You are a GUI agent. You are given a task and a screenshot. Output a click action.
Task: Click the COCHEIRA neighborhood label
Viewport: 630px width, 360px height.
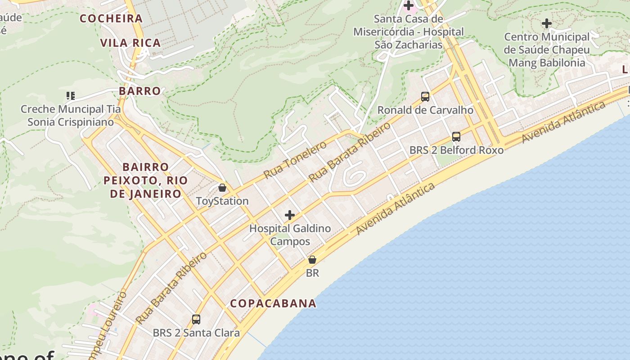tap(111, 18)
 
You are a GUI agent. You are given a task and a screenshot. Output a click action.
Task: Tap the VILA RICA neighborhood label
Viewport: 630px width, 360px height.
tap(130, 43)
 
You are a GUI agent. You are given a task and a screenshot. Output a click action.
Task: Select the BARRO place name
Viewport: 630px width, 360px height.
tap(140, 91)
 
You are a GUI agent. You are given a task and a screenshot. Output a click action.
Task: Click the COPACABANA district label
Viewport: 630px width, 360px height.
tap(273, 303)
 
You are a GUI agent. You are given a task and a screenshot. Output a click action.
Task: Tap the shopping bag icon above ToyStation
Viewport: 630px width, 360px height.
tap(222, 188)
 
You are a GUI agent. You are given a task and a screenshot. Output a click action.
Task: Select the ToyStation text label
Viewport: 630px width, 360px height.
tap(222, 201)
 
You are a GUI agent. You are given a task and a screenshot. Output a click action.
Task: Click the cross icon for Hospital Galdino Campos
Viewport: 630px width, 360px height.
tap(290, 215)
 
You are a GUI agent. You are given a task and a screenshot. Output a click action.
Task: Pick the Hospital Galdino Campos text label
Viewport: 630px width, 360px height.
tap(290, 235)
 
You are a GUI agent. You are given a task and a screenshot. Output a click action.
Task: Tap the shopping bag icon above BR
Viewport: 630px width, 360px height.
tap(312, 260)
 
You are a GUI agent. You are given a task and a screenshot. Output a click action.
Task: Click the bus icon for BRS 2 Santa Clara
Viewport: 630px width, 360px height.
tap(196, 319)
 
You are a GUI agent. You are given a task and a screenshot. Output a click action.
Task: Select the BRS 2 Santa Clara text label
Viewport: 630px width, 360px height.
tap(196, 333)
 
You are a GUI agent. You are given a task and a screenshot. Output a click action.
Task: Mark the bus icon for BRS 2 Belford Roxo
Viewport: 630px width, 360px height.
tap(456, 137)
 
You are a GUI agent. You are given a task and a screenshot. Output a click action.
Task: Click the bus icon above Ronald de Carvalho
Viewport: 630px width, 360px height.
tap(425, 96)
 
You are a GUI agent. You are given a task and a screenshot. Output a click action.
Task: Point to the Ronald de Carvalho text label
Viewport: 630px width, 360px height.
tap(425, 110)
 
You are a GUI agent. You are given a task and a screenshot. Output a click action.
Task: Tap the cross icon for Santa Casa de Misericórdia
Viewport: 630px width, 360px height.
tap(409, 6)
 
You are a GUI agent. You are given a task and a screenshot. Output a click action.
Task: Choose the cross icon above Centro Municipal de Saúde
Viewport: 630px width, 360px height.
tap(547, 23)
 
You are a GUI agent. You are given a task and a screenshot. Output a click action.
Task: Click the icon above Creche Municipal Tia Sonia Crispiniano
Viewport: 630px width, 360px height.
tap(71, 95)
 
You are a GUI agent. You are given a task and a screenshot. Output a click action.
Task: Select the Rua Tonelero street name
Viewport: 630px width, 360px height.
tap(295, 160)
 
